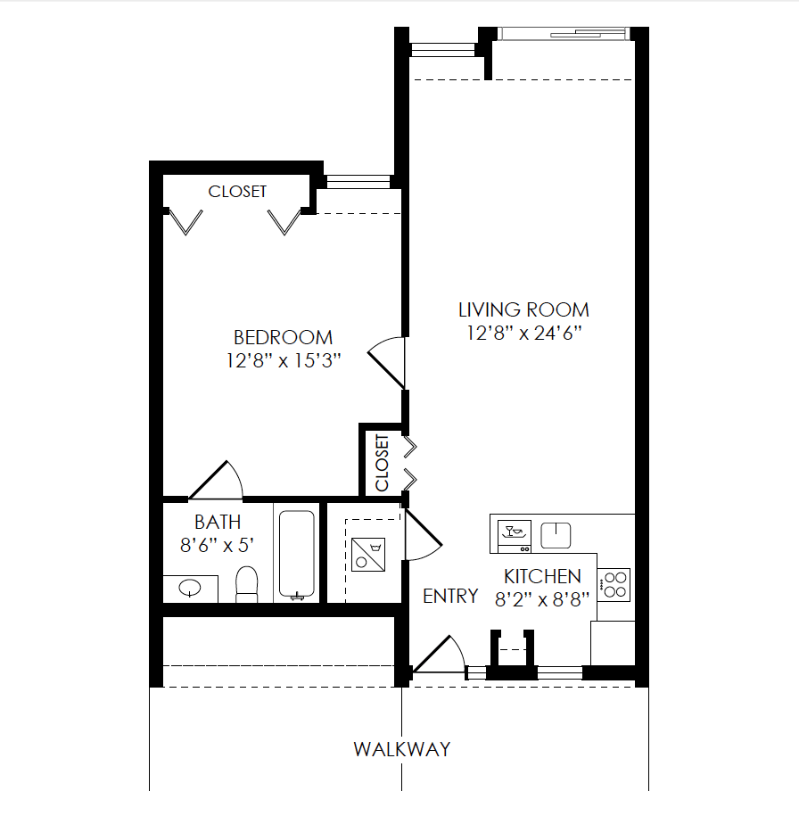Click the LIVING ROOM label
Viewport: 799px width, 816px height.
coord(523,310)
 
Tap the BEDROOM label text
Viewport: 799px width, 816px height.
coord(283,338)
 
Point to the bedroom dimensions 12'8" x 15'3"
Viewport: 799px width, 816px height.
coord(284,360)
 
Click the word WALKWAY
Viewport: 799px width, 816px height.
coord(401,749)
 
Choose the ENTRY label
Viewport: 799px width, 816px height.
coord(450,597)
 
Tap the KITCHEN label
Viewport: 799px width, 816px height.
coord(542,577)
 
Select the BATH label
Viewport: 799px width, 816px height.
coord(218,523)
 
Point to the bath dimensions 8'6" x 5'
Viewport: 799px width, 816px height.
coord(218,545)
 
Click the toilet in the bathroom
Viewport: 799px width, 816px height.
coord(246,584)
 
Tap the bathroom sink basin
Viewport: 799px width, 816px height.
coord(190,589)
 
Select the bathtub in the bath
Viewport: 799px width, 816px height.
coord(296,554)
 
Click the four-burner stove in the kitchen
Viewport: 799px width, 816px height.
coord(614,584)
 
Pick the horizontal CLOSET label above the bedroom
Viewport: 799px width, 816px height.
coord(237,192)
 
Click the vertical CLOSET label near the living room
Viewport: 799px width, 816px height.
coord(383,462)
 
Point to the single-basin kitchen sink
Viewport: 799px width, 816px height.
coord(556,534)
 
